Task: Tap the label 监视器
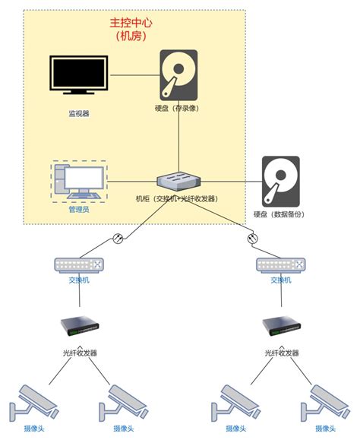79,114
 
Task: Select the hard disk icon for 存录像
178,75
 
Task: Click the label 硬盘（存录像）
178,109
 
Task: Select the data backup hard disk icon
280,181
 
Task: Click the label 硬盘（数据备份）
280,215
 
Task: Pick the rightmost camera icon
325,401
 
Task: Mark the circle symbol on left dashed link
118,239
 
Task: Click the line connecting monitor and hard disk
135,75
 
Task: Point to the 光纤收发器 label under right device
281,353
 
